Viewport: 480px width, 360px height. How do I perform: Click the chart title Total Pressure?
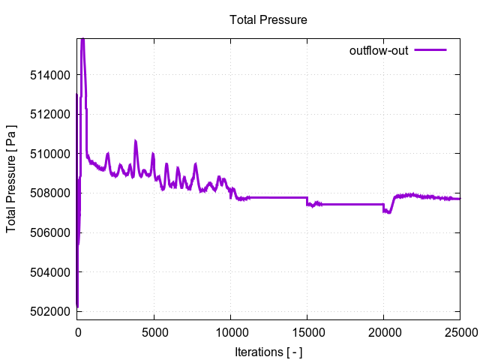tap(268, 19)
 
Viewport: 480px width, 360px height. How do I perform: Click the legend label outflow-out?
tap(379, 51)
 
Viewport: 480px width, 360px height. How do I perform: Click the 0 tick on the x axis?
tap(77, 331)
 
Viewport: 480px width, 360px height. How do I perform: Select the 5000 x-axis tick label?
tap(154, 331)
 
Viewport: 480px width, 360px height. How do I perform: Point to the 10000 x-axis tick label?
tap(230, 331)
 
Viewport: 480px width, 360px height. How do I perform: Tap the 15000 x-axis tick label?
tap(307, 331)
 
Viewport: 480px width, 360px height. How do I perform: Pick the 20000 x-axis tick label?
tap(384, 331)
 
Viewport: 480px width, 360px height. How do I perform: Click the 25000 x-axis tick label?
tap(459, 331)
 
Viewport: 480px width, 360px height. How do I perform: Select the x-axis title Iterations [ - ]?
tap(268, 351)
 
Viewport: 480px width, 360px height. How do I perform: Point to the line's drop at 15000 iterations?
tap(307, 201)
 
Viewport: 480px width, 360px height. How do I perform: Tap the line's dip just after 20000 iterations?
tap(387, 211)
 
